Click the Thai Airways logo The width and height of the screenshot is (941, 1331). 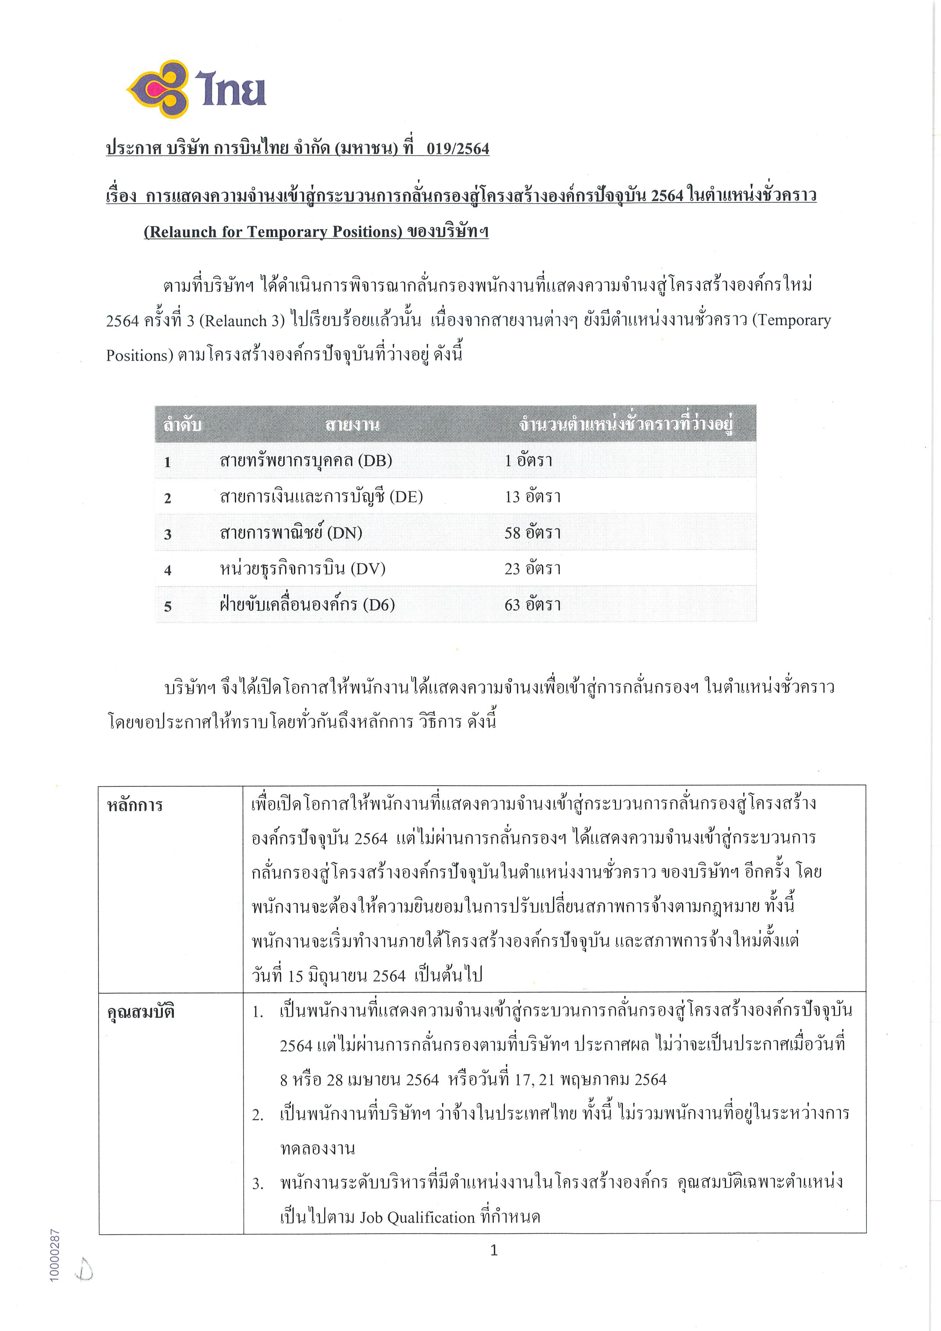(196, 89)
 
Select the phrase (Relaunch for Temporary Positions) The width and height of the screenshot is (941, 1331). (272, 232)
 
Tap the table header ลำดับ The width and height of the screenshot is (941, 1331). (182, 425)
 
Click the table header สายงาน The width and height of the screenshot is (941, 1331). (352, 425)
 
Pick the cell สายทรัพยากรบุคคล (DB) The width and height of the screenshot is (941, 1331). (306, 461)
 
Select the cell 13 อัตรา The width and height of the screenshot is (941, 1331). (532, 497)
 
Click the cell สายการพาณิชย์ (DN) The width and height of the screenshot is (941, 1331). (290, 533)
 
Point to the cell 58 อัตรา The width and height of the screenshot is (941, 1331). (532, 533)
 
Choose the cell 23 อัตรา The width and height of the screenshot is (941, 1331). (532, 569)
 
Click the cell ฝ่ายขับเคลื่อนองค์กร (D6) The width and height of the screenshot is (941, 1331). (307, 605)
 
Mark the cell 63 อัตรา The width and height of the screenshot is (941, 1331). (532, 605)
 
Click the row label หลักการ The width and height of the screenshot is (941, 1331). (134, 805)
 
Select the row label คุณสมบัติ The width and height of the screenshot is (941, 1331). (140, 1012)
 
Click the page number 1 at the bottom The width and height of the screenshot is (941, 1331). (494, 1250)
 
